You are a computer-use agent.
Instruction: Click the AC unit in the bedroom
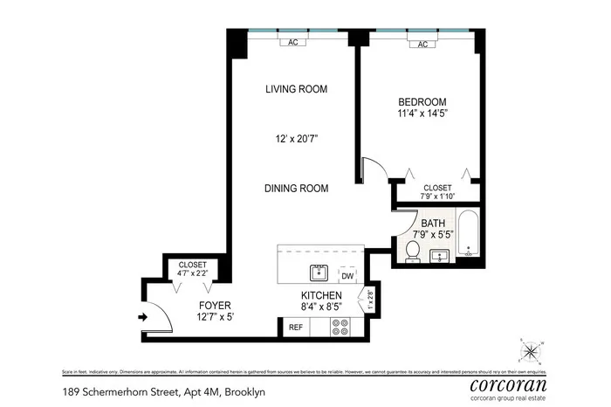coord(422,45)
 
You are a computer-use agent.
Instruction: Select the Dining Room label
coord(297,188)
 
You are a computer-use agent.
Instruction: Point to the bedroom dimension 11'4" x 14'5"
coord(422,113)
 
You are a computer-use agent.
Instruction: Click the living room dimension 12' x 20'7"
coord(296,138)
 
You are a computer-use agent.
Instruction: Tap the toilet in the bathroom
coord(413,252)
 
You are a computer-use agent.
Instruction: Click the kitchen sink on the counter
coord(319,270)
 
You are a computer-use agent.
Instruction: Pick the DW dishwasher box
coord(347,274)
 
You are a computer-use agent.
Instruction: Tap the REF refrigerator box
coord(295,328)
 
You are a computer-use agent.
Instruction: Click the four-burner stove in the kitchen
coord(340,328)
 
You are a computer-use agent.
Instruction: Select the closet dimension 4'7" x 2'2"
coord(191,274)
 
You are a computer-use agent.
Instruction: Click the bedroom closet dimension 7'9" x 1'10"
coord(436,196)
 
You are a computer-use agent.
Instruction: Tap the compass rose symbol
coord(531,351)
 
